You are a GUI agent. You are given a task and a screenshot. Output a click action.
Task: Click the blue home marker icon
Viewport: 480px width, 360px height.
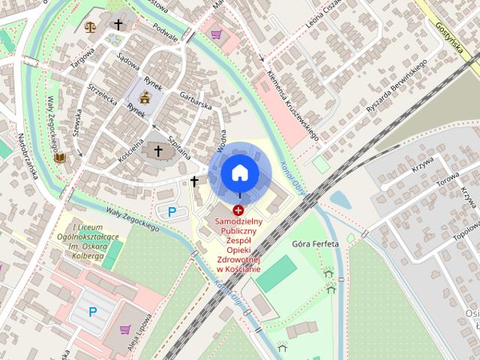click(240, 172)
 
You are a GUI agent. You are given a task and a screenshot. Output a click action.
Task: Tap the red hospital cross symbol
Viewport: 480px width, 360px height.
click(238, 211)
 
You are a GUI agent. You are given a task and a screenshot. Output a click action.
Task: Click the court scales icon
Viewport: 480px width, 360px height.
click(91, 27)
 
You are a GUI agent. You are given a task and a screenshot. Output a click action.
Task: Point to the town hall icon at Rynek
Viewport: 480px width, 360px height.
click(144, 96)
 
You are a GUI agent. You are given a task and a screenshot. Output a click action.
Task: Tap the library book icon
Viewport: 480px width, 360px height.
click(59, 158)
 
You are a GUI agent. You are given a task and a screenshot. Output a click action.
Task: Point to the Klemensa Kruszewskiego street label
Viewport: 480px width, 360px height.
click(293, 105)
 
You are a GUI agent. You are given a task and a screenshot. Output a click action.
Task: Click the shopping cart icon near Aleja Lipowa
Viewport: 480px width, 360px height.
click(125, 329)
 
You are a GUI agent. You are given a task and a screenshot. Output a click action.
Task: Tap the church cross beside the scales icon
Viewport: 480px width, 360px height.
click(118, 25)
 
